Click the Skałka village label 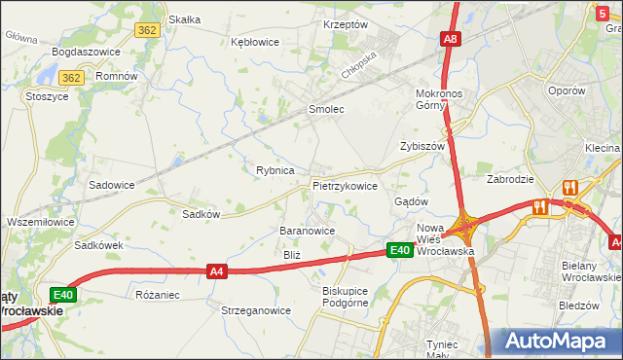pos(184,18)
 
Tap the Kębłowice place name pos(255,42)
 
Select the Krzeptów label pos(345,24)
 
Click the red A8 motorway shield pos(450,40)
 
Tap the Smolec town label pos(326,109)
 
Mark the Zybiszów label pos(422,146)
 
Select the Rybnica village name pos(275,170)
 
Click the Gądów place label pos(411,201)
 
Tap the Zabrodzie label pos(510,179)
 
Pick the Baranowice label pos(308,231)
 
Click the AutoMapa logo pos(556,342)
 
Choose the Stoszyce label pos(47,96)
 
